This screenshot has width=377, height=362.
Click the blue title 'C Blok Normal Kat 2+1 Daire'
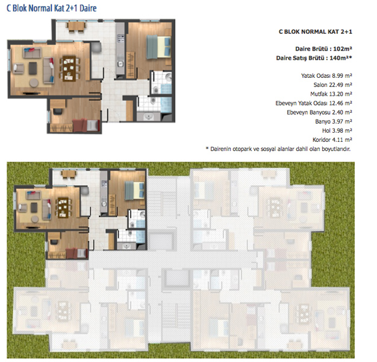51,8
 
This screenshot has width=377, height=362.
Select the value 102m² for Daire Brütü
343,49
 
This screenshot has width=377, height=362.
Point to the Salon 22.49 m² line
333,85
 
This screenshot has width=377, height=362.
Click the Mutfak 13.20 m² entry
331,94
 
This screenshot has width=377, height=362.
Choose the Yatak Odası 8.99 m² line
326,75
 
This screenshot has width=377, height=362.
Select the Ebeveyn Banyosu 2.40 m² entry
319,112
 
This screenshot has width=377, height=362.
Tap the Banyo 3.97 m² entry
334,121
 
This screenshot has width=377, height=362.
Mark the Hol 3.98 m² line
337,130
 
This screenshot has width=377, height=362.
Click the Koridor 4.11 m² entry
332,140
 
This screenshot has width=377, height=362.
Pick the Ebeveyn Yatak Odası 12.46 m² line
314,103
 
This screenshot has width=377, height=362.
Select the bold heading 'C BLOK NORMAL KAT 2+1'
316,31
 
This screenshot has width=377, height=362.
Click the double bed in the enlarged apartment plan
159,47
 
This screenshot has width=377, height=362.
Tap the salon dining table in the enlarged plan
69,69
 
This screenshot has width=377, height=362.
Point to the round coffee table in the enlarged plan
34,83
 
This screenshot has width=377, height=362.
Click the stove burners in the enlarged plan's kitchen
120,38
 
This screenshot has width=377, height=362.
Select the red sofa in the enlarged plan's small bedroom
80,125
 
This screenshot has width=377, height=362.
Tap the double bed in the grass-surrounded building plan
134,191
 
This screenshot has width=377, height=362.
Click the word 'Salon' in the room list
320,85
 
